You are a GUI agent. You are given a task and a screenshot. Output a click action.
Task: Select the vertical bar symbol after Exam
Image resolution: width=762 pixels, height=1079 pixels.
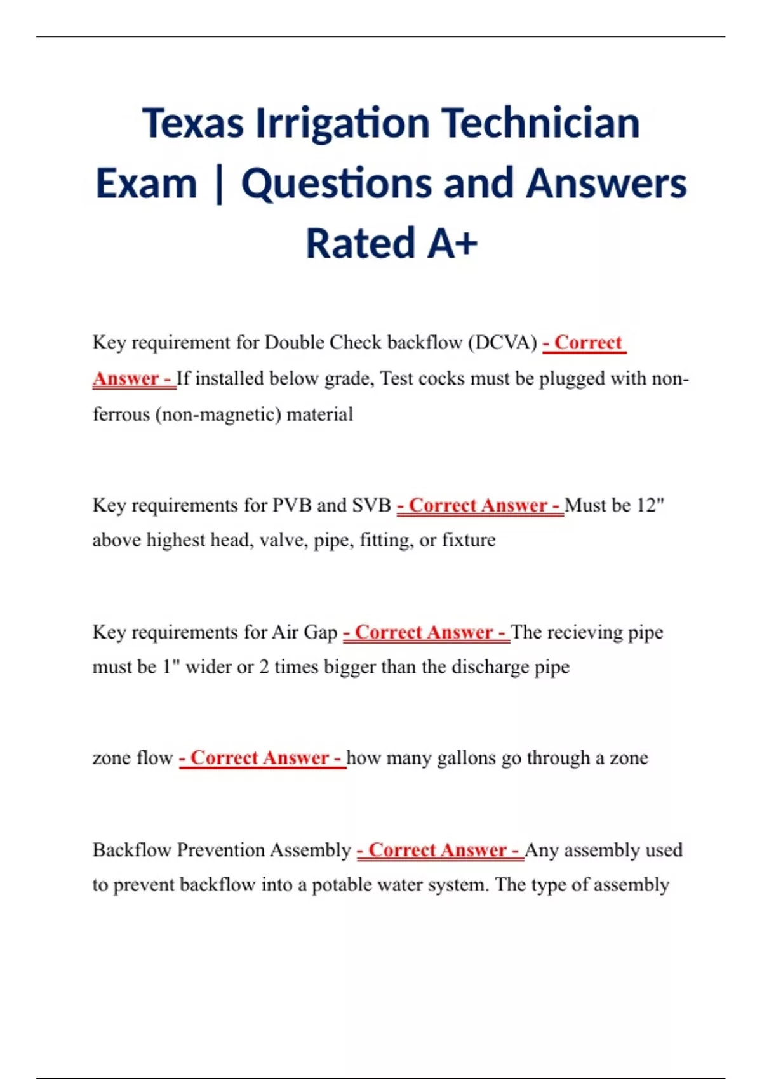[219, 184]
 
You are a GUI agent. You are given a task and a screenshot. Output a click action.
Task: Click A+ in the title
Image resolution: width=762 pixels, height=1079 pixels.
[452, 244]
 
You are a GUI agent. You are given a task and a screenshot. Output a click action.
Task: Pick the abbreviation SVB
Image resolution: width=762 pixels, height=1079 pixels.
[371, 505]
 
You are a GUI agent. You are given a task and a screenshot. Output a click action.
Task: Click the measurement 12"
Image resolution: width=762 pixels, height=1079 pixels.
[650, 505]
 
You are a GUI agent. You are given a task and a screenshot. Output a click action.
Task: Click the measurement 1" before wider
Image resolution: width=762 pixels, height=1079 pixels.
[168, 667]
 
